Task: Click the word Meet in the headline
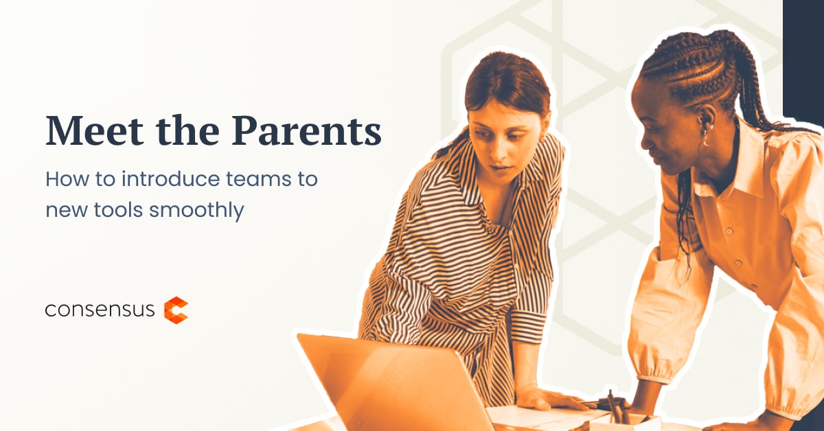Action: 95,130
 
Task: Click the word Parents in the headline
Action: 306,130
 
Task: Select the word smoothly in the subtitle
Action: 196,211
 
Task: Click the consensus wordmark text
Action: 100,310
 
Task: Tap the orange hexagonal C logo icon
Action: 176,310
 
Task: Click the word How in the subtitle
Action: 66,179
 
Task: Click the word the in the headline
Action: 187,130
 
